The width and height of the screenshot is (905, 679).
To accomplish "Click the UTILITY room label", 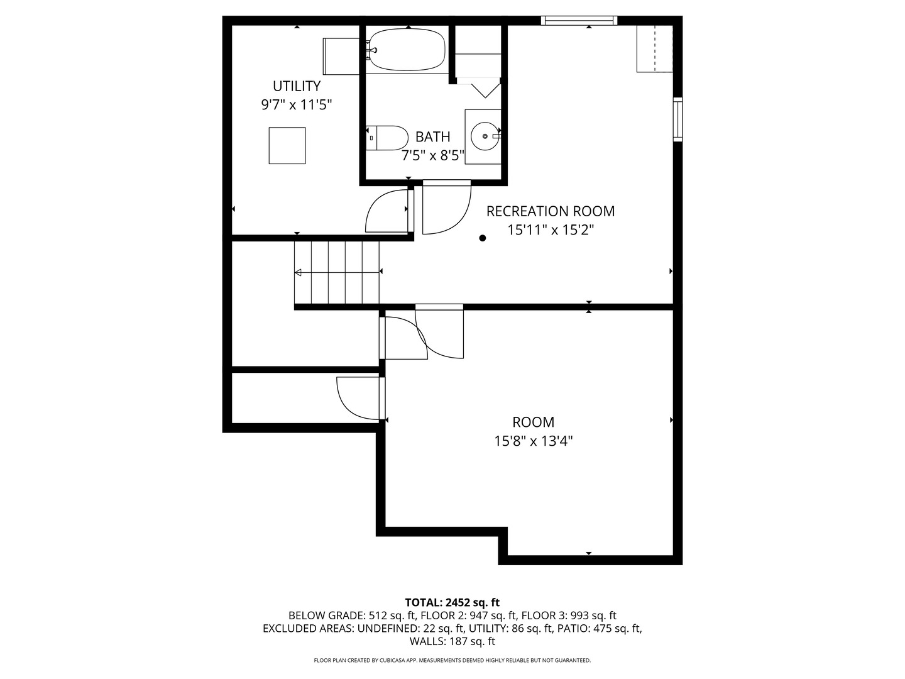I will click(x=296, y=86).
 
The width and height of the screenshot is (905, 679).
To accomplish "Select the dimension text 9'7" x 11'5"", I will click(x=296, y=104).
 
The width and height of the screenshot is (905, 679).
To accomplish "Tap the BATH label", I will click(x=432, y=136).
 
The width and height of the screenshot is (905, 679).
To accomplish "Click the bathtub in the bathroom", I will click(x=407, y=50).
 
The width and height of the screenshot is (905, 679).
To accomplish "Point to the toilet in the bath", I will click(x=388, y=138).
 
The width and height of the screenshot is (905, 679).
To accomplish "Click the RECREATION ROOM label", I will click(x=550, y=211).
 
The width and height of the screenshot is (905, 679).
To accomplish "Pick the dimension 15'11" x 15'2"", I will click(x=550, y=230).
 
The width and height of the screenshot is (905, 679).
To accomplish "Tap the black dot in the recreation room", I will click(x=483, y=238).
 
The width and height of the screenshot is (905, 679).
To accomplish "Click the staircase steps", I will click(x=337, y=272).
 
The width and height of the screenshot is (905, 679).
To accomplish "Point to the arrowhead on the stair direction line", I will click(x=299, y=272).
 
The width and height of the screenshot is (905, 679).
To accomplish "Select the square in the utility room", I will click(x=287, y=145).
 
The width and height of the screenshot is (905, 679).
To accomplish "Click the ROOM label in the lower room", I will click(x=533, y=422).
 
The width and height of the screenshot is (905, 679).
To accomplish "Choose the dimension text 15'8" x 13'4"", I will click(x=533, y=441).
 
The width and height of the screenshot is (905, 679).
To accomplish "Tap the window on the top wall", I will click(x=579, y=21).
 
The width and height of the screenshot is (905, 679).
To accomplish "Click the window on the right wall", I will click(x=677, y=119).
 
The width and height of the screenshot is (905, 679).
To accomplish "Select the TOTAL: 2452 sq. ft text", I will click(x=452, y=602).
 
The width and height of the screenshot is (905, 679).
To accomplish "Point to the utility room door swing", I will click(x=387, y=212).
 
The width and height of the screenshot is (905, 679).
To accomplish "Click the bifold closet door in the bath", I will click(x=485, y=89).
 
